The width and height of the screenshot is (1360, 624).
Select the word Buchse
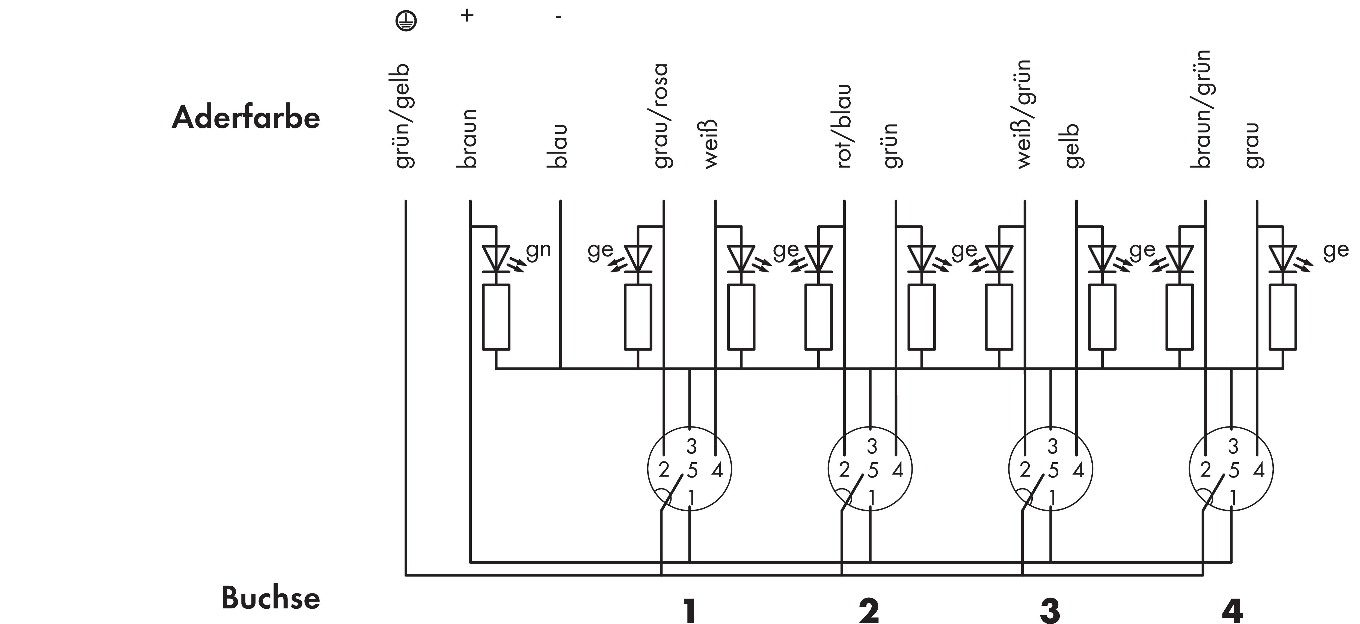click(270, 598)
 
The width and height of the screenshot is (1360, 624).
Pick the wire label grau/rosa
click(660, 116)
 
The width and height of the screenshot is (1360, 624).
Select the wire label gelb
click(1072, 146)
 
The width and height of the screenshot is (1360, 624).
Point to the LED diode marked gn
click(496, 259)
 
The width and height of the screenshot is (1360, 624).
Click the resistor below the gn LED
click(496, 317)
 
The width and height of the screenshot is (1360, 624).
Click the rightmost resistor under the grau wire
click(1282, 317)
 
